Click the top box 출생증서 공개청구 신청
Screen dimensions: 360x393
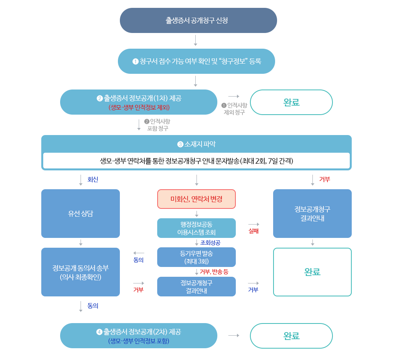coord(198,20)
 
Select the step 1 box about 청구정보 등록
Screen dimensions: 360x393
coord(196,61)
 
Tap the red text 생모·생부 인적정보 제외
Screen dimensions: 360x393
coord(139,107)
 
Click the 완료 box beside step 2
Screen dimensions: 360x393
coord(291,102)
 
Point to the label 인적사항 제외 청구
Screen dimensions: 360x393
coord(234,109)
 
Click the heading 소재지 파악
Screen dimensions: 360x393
coord(196,144)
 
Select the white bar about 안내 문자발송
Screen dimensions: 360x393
coord(196,161)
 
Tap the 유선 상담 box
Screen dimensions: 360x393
coord(80,214)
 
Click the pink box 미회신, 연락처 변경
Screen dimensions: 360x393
coord(196,199)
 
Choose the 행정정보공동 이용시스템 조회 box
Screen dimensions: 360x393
coord(196,228)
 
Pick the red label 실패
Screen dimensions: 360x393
coord(253,231)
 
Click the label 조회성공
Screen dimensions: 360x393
coord(210,243)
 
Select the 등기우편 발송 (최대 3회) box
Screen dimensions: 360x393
coord(196,257)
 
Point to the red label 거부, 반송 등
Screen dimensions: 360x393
coord(214,272)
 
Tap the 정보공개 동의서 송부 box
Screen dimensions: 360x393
coord(80,272)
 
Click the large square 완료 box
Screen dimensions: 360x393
coord(312,272)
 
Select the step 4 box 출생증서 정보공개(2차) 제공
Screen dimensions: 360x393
coord(138,336)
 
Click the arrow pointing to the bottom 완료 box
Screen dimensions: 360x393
coord(234,336)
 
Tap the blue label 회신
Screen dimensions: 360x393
coord(93,179)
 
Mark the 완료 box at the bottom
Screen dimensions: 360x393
coord(291,336)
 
